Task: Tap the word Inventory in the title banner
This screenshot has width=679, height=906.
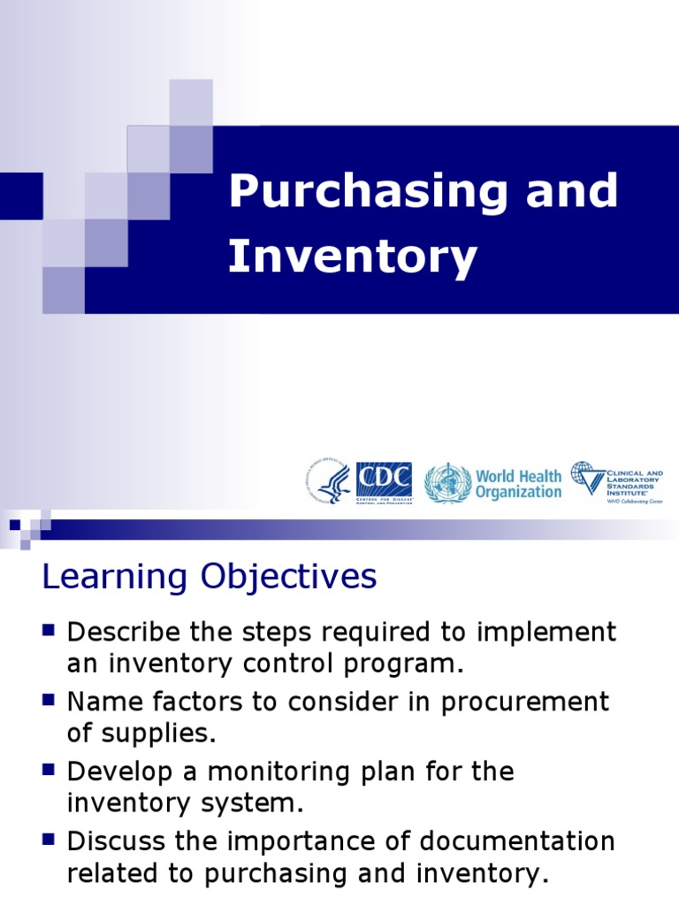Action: click(353, 257)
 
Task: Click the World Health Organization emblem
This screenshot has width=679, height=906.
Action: click(447, 483)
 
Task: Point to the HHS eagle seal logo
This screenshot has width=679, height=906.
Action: click(330, 482)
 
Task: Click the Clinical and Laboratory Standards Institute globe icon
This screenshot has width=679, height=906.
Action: click(587, 478)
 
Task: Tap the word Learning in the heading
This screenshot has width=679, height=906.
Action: click(116, 578)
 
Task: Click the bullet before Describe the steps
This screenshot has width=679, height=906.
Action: click(49, 630)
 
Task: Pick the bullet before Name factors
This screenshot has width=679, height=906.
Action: click(49, 700)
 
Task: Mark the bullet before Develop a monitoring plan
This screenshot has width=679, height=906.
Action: click(49, 770)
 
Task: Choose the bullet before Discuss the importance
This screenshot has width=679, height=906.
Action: click(49, 839)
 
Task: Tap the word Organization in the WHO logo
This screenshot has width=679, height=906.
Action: click(518, 492)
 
